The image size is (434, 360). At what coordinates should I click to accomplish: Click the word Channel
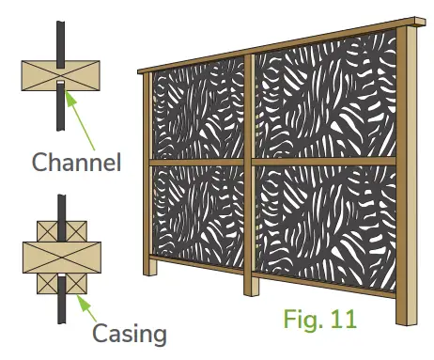(76, 162)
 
